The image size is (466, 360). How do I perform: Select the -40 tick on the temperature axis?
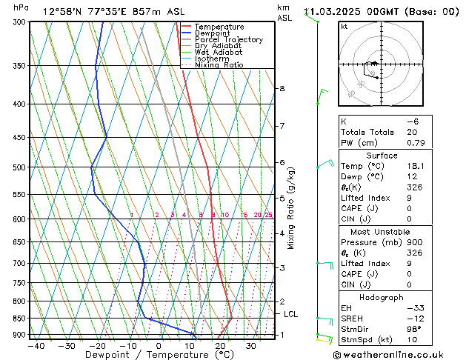click(x=35, y=346)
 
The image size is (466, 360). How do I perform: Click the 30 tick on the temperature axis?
click(x=251, y=346)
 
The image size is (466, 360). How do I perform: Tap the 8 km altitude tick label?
click(x=282, y=89)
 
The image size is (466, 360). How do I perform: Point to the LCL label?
click(x=291, y=314)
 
